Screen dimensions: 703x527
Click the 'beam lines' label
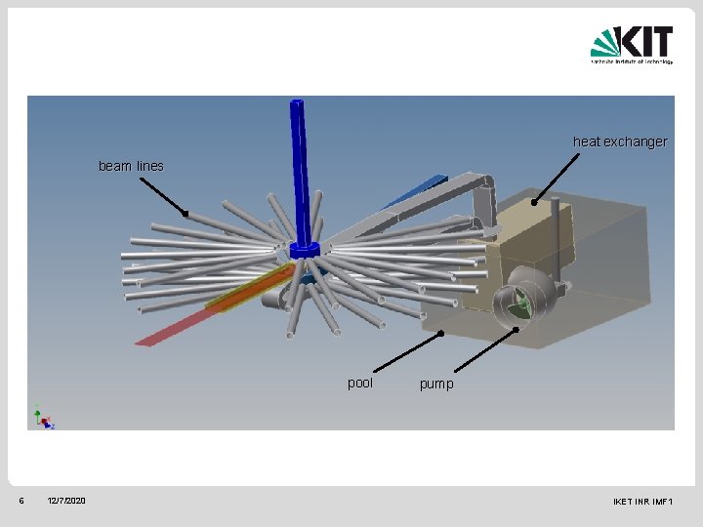131,166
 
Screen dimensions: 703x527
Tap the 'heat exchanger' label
620,142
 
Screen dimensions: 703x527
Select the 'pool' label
360,383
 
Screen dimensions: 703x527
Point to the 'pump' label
436,385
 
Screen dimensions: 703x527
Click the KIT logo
632,45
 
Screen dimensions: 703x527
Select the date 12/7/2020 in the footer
66,501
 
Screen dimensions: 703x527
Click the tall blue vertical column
302,166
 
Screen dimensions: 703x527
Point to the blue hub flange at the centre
305,249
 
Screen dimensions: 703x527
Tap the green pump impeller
522,303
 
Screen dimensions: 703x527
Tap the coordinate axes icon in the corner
43,418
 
